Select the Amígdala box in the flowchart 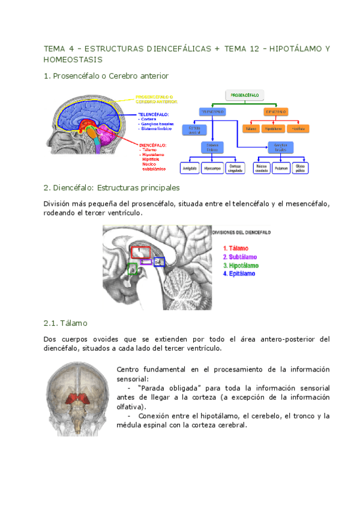190,168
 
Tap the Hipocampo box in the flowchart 212,168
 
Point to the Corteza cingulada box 235,168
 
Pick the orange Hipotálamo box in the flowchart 272,128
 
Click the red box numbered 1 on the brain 140,251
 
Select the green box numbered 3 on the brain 132,270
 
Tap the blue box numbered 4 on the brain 158,262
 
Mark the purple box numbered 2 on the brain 146,262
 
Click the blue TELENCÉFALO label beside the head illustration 154,113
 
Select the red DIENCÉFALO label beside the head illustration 152,145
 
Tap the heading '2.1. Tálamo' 65,323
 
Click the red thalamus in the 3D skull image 78,397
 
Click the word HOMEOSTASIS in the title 73,60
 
